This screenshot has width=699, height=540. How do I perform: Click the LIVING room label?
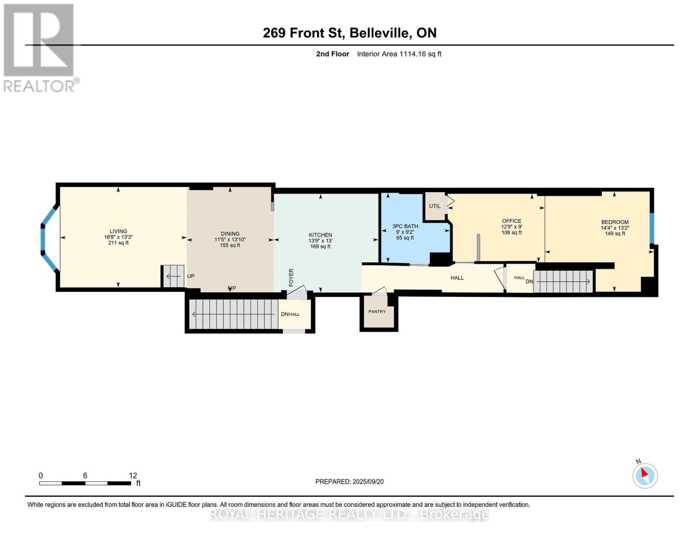(118, 231)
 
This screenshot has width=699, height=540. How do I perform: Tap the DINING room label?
(230, 234)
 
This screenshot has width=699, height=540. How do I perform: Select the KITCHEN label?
(320, 235)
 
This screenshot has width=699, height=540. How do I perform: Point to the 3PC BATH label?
(405, 226)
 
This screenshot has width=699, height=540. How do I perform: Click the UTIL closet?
(435, 206)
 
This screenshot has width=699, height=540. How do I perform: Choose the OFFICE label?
(512, 221)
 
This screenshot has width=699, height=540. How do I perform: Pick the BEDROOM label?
(615, 222)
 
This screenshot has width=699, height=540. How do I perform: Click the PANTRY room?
(377, 311)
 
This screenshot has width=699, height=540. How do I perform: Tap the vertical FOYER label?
(291, 278)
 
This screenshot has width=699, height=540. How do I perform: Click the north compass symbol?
(645, 476)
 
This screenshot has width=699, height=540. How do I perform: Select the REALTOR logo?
(40, 47)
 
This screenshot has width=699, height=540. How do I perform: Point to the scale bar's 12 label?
(133, 476)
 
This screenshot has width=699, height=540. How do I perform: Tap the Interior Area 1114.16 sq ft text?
(399, 54)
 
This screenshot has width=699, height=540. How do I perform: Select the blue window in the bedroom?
(651, 228)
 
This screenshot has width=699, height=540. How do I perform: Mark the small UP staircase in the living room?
(173, 276)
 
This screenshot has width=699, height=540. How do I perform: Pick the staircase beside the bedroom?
(563, 282)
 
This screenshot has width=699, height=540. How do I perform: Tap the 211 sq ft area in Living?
(118, 243)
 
